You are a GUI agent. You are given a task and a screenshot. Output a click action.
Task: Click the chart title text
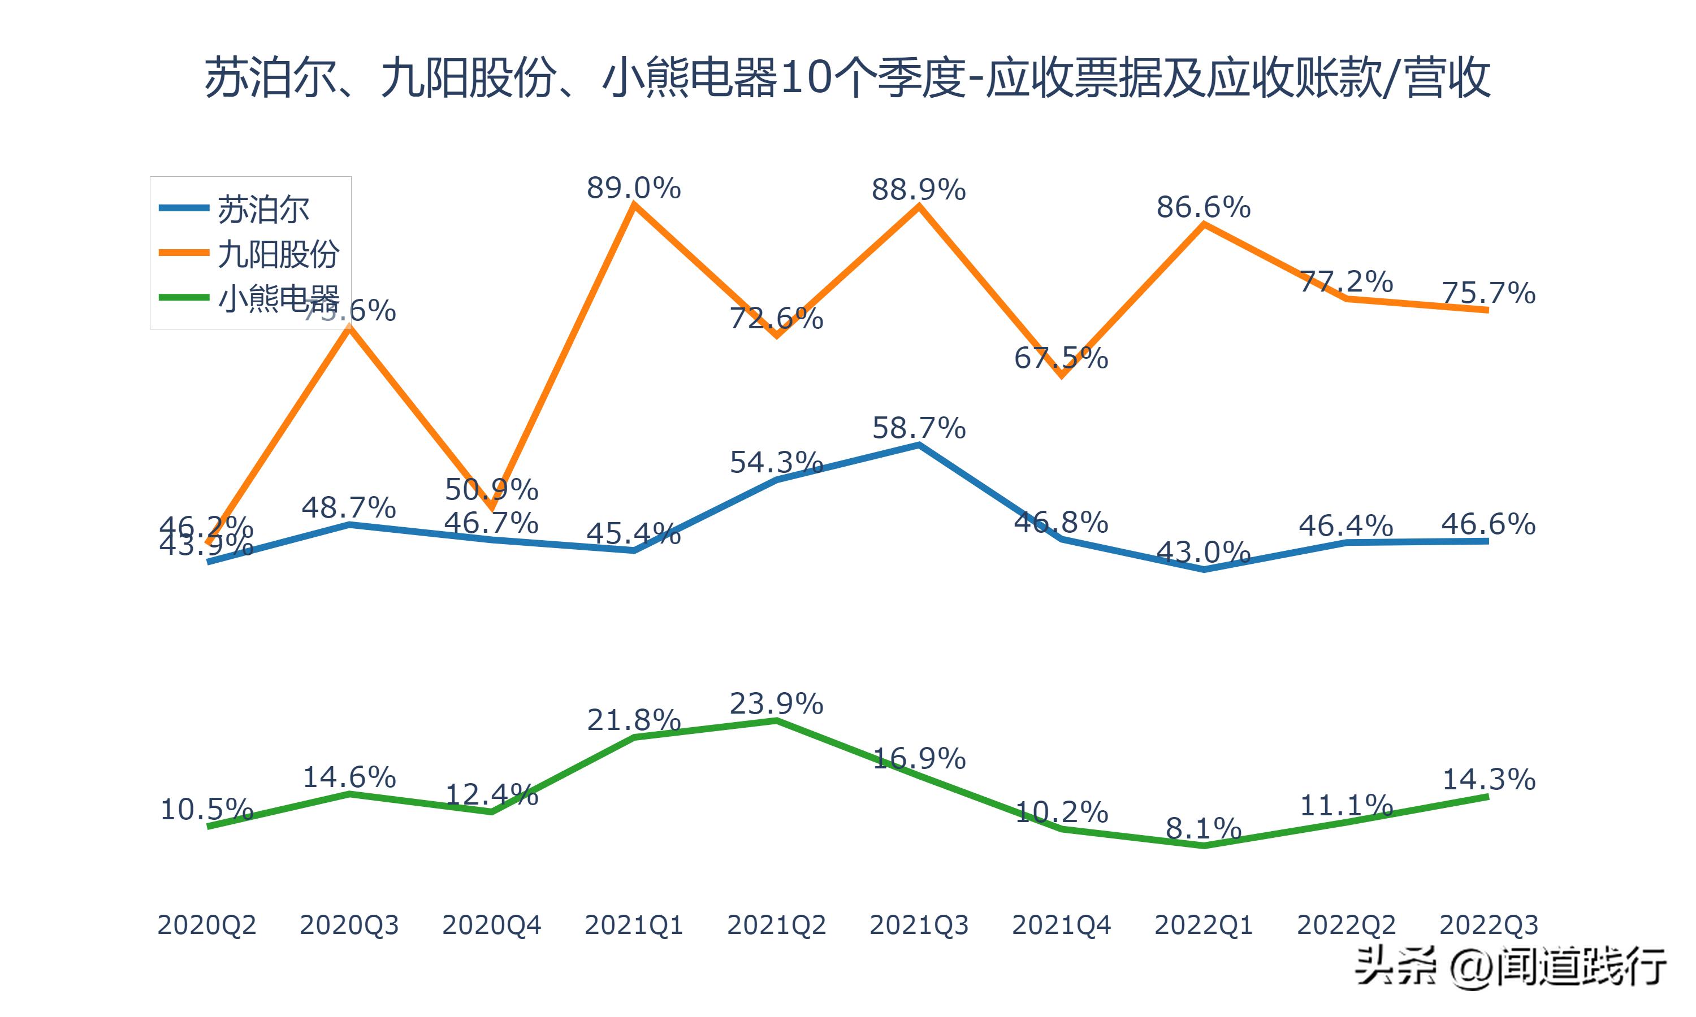[x=847, y=78]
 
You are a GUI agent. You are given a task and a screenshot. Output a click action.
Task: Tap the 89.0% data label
[x=633, y=188]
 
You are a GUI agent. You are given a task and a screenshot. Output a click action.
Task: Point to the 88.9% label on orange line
[x=919, y=190]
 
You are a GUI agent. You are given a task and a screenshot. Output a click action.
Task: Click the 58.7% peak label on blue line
[x=919, y=428]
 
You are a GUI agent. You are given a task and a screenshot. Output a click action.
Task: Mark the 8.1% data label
[x=1203, y=828]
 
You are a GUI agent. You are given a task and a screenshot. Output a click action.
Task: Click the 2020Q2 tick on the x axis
[x=207, y=925]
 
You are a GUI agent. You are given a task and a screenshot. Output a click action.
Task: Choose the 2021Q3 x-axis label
[x=919, y=925]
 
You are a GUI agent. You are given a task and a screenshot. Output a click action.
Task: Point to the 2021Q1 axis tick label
[x=633, y=925]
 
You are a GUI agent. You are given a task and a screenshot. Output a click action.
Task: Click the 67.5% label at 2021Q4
[x=1061, y=358]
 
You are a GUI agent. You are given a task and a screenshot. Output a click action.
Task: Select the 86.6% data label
[x=1203, y=207]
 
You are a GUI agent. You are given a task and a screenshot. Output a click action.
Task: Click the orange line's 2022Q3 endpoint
[x=1487, y=310]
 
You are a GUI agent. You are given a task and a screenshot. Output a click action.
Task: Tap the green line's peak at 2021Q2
[x=776, y=720]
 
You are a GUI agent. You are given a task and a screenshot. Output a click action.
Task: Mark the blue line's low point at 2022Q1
[x=1204, y=570]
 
